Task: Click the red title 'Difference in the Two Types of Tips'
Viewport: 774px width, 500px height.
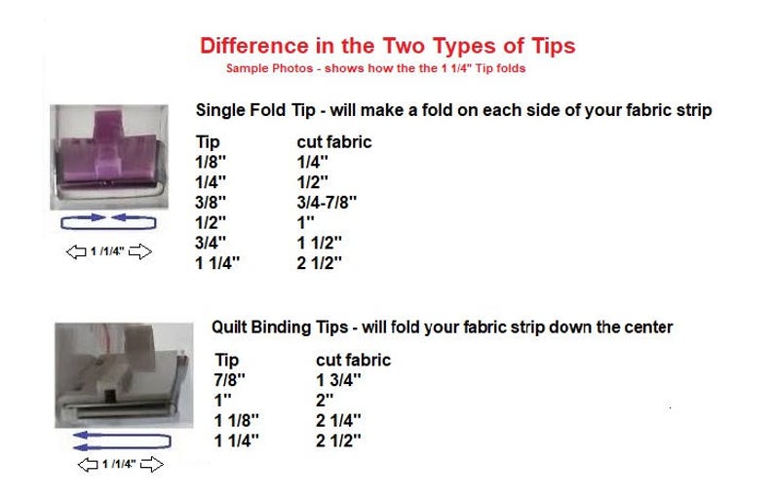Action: point(387,46)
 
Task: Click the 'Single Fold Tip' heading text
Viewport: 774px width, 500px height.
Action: point(453,110)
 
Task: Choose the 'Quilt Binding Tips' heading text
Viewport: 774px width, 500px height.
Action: point(442,327)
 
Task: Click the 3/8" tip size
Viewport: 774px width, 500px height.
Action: point(211,202)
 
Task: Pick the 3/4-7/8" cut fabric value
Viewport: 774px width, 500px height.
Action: point(328,202)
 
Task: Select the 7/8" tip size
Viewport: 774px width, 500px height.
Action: point(227,380)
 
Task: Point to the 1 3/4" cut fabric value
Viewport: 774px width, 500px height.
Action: point(339,380)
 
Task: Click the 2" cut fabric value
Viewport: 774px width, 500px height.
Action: point(326,401)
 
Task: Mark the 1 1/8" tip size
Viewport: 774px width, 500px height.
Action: point(237,420)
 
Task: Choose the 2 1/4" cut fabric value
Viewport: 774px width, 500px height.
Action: point(339,420)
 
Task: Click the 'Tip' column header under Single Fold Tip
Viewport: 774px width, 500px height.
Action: point(208,142)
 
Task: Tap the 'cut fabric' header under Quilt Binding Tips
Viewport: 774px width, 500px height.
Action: point(353,360)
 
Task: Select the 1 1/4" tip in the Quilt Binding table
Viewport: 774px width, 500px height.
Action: point(237,441)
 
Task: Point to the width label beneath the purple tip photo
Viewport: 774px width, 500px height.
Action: point(108,252)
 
